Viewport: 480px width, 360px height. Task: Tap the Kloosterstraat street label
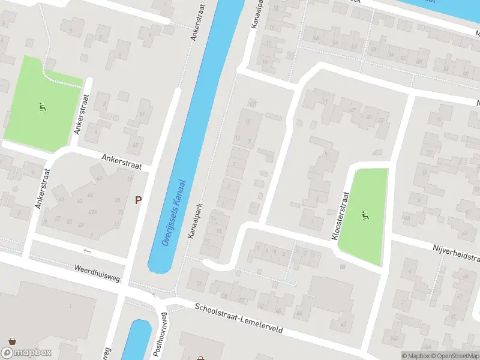340,217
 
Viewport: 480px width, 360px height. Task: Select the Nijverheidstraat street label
456,253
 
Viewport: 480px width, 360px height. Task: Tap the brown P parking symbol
138,200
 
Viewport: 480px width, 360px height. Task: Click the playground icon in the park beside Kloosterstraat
364,215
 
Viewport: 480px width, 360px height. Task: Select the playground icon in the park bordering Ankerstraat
41,108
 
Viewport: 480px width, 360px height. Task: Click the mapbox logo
26,352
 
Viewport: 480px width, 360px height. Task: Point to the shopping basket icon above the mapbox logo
11,340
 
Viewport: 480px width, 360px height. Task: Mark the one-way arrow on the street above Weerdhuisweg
87,250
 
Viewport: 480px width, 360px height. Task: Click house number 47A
93,212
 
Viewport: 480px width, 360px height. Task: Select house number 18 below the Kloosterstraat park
343,266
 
